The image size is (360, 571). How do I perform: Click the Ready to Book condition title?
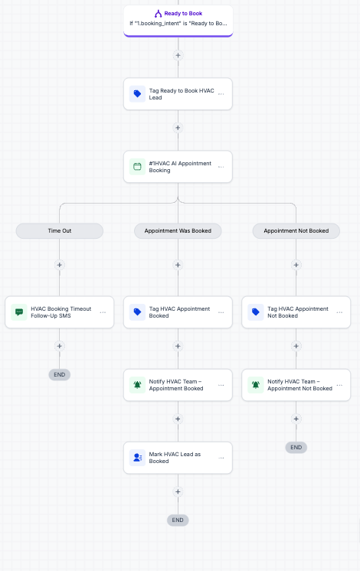[x=183, y=14]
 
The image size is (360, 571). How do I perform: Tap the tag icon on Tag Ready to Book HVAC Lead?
[x=137, y=94]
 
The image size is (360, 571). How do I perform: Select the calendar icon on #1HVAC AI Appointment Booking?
[x=137, y=167]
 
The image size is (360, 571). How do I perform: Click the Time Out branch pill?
[x=60, y=231]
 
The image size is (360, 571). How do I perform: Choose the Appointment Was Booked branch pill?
[x=178, y=231]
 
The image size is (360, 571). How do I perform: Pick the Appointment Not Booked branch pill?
[x=296, y=231]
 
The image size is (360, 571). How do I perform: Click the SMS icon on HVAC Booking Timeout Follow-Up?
[x=19, y=312]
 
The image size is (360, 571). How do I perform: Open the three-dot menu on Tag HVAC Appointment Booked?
[x=221, y=312]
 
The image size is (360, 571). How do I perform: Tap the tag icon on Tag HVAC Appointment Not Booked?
[x=256, y=312]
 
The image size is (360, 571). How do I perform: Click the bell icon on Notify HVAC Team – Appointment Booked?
[x=137, y=385]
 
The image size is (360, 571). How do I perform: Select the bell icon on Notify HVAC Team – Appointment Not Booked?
[x=256, y=385]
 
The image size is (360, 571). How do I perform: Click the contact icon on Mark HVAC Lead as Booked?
[x=137, y=458]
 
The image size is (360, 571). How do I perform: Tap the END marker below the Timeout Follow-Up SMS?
[x=60, y=375]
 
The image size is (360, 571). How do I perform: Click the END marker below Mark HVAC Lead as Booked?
[x=178, y=520]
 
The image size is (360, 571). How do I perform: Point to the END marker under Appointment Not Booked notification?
[x=296, y=448]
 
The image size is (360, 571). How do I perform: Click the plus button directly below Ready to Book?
[x=178, y=55]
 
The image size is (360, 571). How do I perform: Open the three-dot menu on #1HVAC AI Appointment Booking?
[x=221, y=167]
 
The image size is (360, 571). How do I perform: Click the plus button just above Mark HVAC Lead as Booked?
[x=178, y=419]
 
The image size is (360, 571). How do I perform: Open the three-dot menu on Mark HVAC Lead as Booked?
[x=221, y=458]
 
